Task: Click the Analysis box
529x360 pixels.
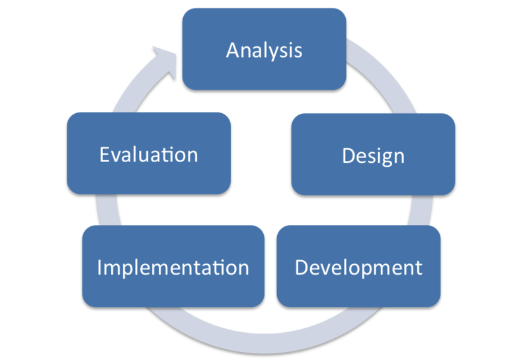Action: tap(264, 49)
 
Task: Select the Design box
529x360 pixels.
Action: tap(373, 154)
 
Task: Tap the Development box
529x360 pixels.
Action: tap(358, 266)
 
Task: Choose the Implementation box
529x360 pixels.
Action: tap(173, 266)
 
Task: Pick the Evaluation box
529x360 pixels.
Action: tap(149, 154)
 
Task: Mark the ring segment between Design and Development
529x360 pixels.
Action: tap(420, 210)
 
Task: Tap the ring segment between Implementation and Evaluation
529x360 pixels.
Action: tap(108, 210)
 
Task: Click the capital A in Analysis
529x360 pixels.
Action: tap(233, 50)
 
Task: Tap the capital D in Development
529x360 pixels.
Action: tap(302, 267)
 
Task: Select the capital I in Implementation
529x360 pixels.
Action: tap(100, 267)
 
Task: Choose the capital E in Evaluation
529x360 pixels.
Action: tap(105, 155)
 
